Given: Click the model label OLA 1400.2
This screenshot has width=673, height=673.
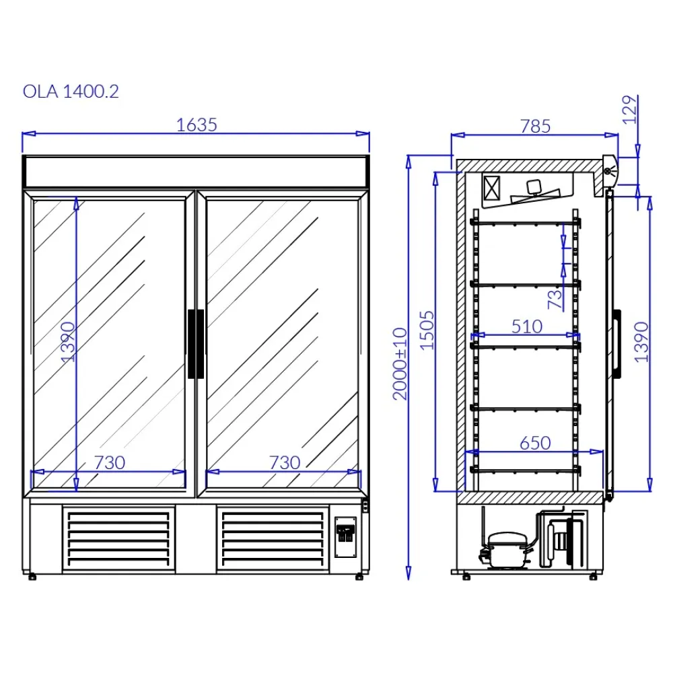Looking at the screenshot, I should [x=71, y=92].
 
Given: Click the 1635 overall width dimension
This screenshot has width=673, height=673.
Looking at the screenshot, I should [x=197, y=125].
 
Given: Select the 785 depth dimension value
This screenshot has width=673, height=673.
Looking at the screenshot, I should [x=535, y=126].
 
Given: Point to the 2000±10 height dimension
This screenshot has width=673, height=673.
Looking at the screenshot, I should [x=400, y=363].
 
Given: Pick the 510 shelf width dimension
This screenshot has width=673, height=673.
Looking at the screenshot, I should [x=526, y=326].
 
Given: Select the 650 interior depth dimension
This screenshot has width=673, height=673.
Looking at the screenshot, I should [x=535, y=443].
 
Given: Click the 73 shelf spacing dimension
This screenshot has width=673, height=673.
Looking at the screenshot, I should [x=555, y=298].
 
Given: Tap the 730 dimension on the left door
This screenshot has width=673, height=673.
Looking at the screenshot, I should [x=109, y=462].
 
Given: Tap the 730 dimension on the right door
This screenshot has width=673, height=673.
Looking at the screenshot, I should [x=284, y=462].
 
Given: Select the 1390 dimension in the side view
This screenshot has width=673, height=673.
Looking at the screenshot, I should [x=641, y=342].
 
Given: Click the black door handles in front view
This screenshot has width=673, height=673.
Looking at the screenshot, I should [x=196, y=343].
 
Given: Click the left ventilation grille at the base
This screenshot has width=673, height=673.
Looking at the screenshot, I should [x=118, y=536].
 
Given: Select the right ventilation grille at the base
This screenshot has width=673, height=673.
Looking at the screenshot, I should [x=272, y=536].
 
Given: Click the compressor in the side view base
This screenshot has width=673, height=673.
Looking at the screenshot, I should [x=506, y=545].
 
